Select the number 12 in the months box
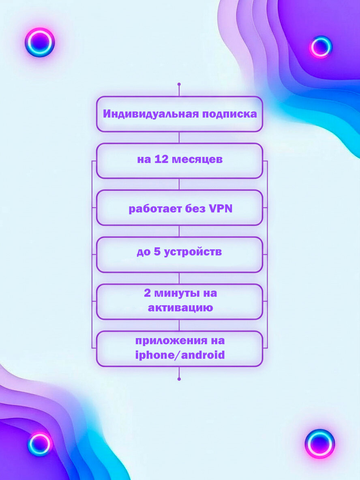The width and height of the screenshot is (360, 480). tap(161, 159)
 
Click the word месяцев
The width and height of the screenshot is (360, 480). tap(197, 159)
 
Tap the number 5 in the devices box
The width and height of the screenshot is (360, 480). tap(157, 252)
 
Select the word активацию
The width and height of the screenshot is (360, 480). tap(180, 308)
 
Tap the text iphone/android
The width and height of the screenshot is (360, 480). tap(180, 356)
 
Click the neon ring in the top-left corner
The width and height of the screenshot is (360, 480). tap(40, 42)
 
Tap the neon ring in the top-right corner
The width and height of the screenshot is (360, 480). tap(321, 47)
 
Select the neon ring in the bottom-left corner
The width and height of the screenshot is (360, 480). tap(40, 444)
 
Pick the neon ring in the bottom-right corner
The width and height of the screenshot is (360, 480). tap(320, 444)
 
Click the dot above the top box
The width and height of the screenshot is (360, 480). tap(179, 84)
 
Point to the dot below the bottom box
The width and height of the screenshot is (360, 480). tap(179, 379)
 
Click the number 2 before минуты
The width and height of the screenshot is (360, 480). tap(147, 293)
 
